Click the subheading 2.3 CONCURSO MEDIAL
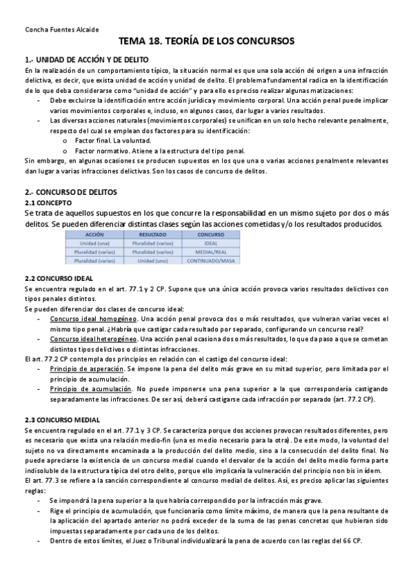[62, 420]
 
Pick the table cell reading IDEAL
[212, 244]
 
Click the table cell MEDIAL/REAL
[212, 252]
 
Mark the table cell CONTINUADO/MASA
[212, 261]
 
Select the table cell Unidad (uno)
[153, 261]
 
